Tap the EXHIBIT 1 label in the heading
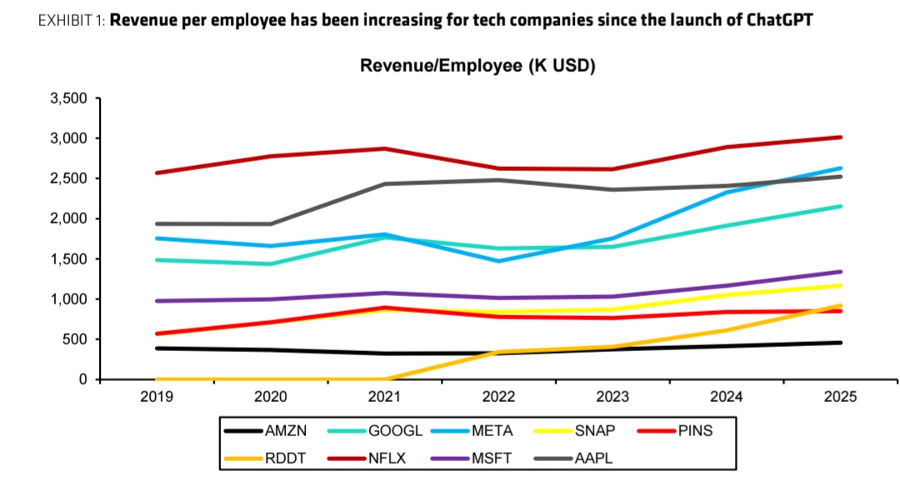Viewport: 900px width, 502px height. click(70, 20)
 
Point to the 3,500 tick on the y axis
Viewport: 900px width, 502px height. click(69, 98)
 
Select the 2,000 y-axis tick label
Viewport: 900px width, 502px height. click(69, 218)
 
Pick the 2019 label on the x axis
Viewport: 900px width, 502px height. click(157, 397)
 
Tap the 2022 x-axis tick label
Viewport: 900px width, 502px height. click(498, 397)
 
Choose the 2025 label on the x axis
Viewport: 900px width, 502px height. click(840, 397)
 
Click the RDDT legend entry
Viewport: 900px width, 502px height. click(285, 458)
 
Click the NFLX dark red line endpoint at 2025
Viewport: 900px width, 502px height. click(840, 138)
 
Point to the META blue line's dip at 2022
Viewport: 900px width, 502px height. click(498, 261)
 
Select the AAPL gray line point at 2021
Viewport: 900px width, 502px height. click(385, 183)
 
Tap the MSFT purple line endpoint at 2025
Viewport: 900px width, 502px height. click(840, 272)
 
